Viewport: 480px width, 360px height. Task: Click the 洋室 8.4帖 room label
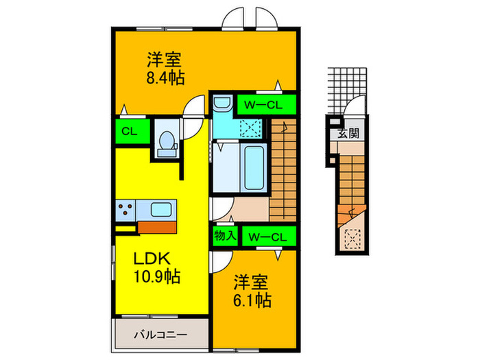tap(165, 67)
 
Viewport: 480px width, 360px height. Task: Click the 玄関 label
tap(350, 133)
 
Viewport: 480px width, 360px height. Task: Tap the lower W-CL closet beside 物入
tap(268, 236)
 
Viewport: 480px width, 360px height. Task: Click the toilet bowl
tap(165, 141)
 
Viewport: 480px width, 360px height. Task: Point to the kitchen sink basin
tap(163, 208)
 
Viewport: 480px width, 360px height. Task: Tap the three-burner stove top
tap(128, 208)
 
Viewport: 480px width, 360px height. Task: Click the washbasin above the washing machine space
tap(221, 105)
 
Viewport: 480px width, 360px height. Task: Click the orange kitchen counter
tap(157, 227)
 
